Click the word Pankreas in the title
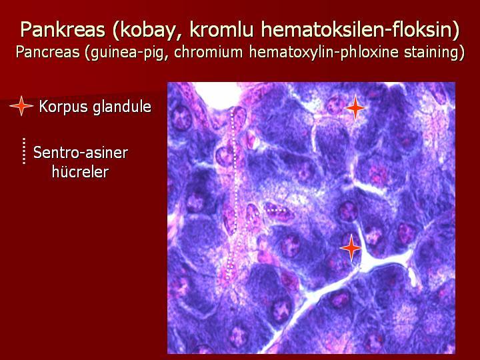[63, 31]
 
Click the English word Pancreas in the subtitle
[48, 52]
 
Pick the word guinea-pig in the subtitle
[127, 53]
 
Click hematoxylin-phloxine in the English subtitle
[323, 53]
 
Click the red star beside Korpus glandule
[21, 106]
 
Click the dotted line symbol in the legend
[24, 151]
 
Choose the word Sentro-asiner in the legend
[81, 152]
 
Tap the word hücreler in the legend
[80, 171]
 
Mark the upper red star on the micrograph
[355, 108]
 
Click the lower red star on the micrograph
[351, 248]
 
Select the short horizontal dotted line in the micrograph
[277, 210]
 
